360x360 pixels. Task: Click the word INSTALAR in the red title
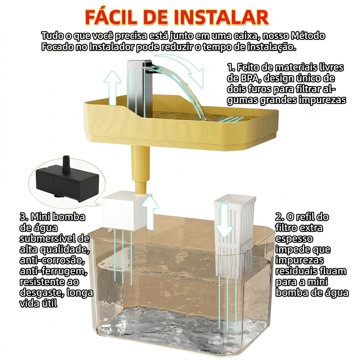click(x=221, y=17)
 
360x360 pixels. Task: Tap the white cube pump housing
click(x=124, y=212)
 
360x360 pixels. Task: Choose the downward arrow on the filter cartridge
click(x=224, y=220)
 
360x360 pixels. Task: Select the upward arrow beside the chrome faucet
click(x=112, y=88)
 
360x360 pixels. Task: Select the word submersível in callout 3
click(x=48, y=238)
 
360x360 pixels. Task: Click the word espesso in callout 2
click(x=294, y=238)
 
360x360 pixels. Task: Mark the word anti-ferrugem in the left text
click(x=53, y=271)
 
